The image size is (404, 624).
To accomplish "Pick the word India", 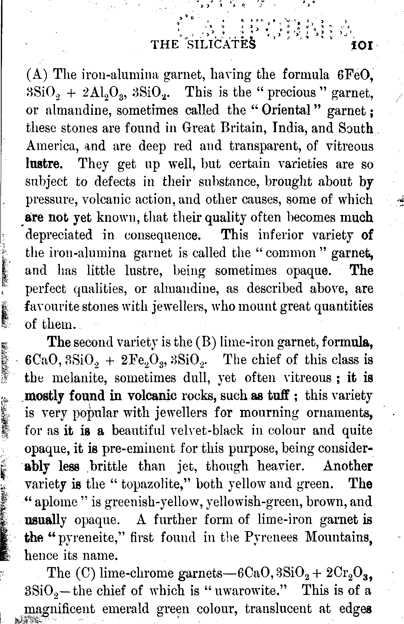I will [x=291, y=128].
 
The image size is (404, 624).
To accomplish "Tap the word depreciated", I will [x=59, y=235].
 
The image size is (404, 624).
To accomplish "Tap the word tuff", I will [x=279, y=395].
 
